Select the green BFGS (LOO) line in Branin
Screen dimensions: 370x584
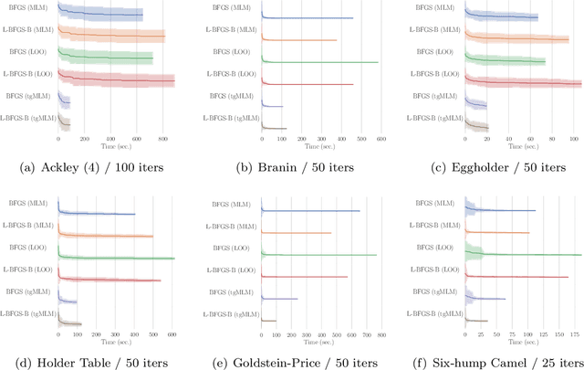point(319,62)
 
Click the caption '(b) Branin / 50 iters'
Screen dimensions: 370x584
point(292,166)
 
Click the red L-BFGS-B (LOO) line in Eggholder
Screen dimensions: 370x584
point(529,83)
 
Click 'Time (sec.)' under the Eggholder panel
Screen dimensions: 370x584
point(521,145)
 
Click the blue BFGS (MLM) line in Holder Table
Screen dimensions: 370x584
point(100,215)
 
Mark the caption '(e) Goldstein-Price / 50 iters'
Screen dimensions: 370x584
point(292,363)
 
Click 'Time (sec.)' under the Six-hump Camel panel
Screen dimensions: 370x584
point(521,342)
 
